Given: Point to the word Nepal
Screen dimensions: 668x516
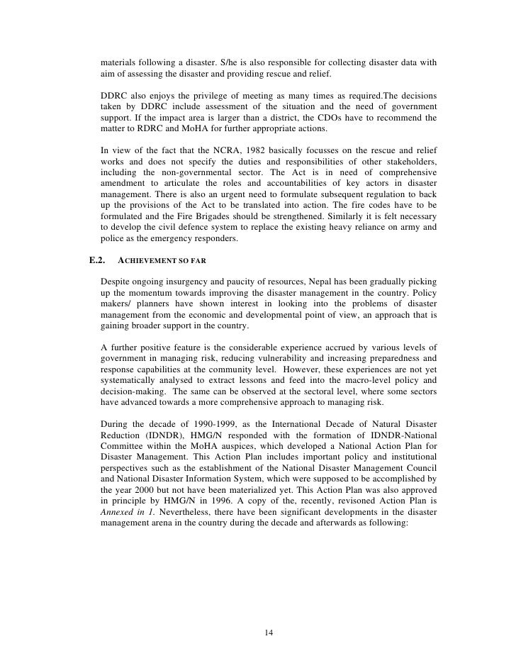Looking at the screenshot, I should (x=316, y=280).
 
